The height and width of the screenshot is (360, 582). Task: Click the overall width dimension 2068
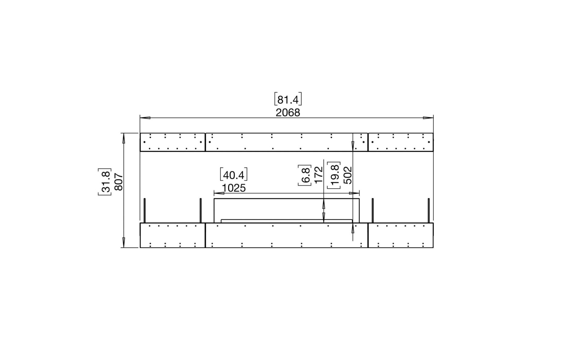click(288, 113)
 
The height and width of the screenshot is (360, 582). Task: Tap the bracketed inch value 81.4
click(288, 99)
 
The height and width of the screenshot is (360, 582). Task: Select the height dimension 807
click(119, 182)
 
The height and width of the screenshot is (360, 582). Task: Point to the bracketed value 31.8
click(105, 182)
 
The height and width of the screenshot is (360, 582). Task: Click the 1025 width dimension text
click(234, 188)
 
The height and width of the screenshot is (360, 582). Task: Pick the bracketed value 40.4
click(234, 175)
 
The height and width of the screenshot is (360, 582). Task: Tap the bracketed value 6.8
click(305, 175)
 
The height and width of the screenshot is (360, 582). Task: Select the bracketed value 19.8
click(334, 175)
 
